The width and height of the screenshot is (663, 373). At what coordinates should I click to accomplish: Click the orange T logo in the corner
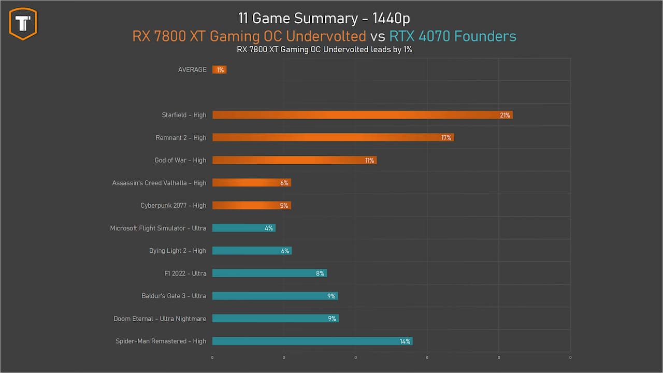pyautogui.click(x=23, y=23)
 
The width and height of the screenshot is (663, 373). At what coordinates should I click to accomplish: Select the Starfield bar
pyautogui.click(x=362, y=115)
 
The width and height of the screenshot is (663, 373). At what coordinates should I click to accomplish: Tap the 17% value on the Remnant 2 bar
pyautogui.click(x=446, y=138)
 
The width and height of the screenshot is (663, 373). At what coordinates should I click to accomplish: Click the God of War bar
pyautogui.click(x=294, y=160)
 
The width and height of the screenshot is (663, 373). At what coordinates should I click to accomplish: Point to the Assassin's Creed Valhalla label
pyautogui.click(x=159, y=183)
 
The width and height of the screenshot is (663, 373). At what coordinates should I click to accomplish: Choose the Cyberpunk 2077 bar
pyautogui.click(x=251, y=206)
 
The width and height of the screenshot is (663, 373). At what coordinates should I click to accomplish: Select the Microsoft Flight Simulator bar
pyautogui.click(x=243, y=228)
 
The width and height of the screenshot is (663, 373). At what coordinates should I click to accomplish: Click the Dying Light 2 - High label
pyautogui.click(x=178, y=251)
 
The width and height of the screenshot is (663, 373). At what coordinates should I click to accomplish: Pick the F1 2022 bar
pyautogui.click(x=269, y=273)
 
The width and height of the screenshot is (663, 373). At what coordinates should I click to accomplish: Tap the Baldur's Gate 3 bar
pyautogui.click(x=275, y=296)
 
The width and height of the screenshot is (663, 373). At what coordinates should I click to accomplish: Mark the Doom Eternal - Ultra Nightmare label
pyautogui.click(x=160, y=319)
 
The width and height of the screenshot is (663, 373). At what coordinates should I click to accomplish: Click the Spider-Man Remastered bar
pyautogui.click(x=312, y=341)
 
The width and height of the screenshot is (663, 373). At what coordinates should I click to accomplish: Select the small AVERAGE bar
pyautogui.click(x=220, y=69)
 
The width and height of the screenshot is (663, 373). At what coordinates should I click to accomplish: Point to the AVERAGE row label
pyautogui.click(x=192, y=69)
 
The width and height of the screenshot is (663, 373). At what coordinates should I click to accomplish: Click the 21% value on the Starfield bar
pyautogui.click(x=505, y=115)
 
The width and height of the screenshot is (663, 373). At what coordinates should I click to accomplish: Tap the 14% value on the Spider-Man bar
pyautogui.click(x=405, y=341)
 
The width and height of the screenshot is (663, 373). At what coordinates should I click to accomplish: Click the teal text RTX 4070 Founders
pyautogui.click(x=453, y=36)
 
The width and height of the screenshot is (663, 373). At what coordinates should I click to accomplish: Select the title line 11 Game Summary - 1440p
pyautogui.click(x=324, y=18)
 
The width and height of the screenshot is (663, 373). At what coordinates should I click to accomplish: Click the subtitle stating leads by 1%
pyautogui.click(x=324, y=50)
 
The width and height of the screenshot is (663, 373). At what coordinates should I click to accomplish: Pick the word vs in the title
pyautogui.click(x=378, y=36)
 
